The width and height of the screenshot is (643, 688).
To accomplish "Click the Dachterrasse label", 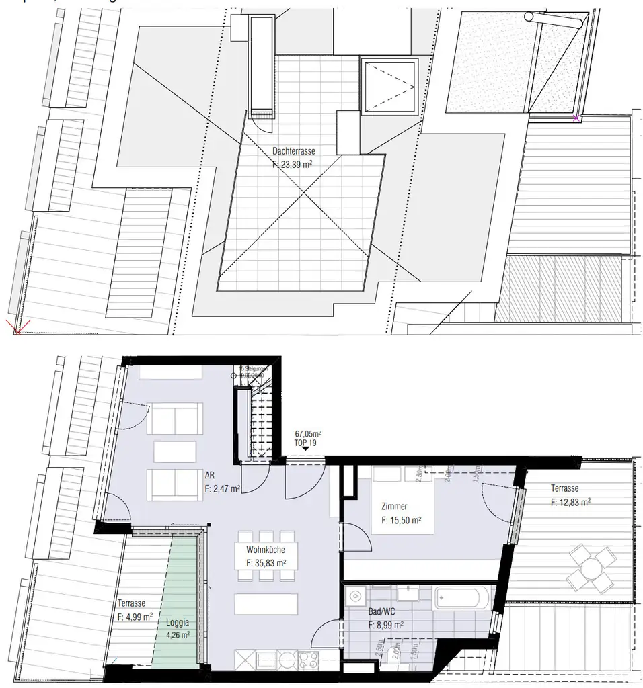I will [x=294, y=152].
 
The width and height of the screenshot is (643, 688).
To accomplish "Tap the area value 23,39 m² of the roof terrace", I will [x=293, y=163].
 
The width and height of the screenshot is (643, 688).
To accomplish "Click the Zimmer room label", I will [x=393, y=508].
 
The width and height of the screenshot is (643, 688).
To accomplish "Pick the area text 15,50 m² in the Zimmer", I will [x=402, y=520].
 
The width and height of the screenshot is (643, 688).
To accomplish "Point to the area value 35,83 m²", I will [x=266, y=563].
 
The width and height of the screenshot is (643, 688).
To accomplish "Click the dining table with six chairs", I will [x=266, y=556].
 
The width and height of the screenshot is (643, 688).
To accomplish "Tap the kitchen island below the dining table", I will [x=266, y=604].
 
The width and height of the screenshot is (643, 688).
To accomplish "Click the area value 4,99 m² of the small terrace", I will [x=135, y=615].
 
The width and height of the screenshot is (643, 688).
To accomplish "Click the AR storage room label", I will [x=209, y=478].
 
